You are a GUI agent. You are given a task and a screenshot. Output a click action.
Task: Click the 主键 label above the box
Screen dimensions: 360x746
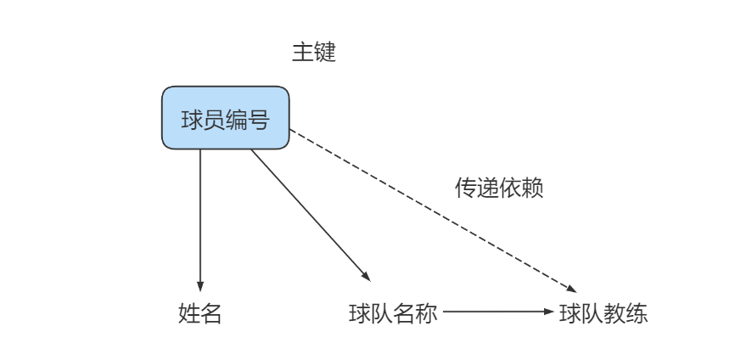coord(314,53)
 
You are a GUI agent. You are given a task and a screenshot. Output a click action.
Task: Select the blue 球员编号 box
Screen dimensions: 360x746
coord(225,118)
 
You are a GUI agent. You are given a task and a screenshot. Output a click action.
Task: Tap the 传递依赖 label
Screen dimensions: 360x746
coord(499,188)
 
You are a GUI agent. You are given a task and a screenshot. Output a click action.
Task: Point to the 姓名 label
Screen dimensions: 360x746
coord(200,313)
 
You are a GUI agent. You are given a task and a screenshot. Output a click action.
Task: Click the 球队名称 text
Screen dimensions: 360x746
coord(393,313)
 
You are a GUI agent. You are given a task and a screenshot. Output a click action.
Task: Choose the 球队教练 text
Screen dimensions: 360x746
coord(603,313)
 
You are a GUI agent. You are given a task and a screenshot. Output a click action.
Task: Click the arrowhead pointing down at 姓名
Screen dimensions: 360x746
coord(200,286)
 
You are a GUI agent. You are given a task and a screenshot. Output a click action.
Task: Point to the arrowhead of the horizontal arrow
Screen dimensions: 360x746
coord(548,312)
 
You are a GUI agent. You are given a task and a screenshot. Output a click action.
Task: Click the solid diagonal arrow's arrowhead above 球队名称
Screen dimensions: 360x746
coord(366,276)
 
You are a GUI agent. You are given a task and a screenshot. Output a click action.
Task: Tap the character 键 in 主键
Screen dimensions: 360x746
coord(325,53)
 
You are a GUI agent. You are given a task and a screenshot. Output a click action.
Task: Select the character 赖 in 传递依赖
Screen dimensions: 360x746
coord(532,188)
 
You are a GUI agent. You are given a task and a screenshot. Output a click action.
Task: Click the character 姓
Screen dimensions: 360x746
coord(189,313)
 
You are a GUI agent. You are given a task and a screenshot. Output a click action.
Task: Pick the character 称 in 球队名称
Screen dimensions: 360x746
coord(426,313)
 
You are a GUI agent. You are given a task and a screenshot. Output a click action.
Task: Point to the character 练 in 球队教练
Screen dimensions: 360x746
coord(637,313)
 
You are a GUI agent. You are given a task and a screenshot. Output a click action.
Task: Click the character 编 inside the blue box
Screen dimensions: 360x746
coord(236,119)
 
